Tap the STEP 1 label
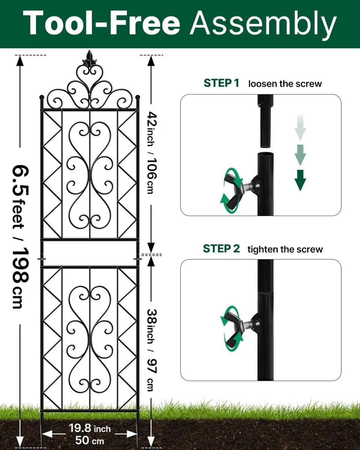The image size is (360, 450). coord(221,83)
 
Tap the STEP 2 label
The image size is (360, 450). coord(221,249)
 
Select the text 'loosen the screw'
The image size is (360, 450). coord(285,84)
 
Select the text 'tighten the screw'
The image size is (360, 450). coord(285,249)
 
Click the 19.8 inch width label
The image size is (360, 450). coord(90,428)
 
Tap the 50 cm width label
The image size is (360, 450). coord(90,440)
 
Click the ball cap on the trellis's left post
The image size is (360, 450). coord(42,97)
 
